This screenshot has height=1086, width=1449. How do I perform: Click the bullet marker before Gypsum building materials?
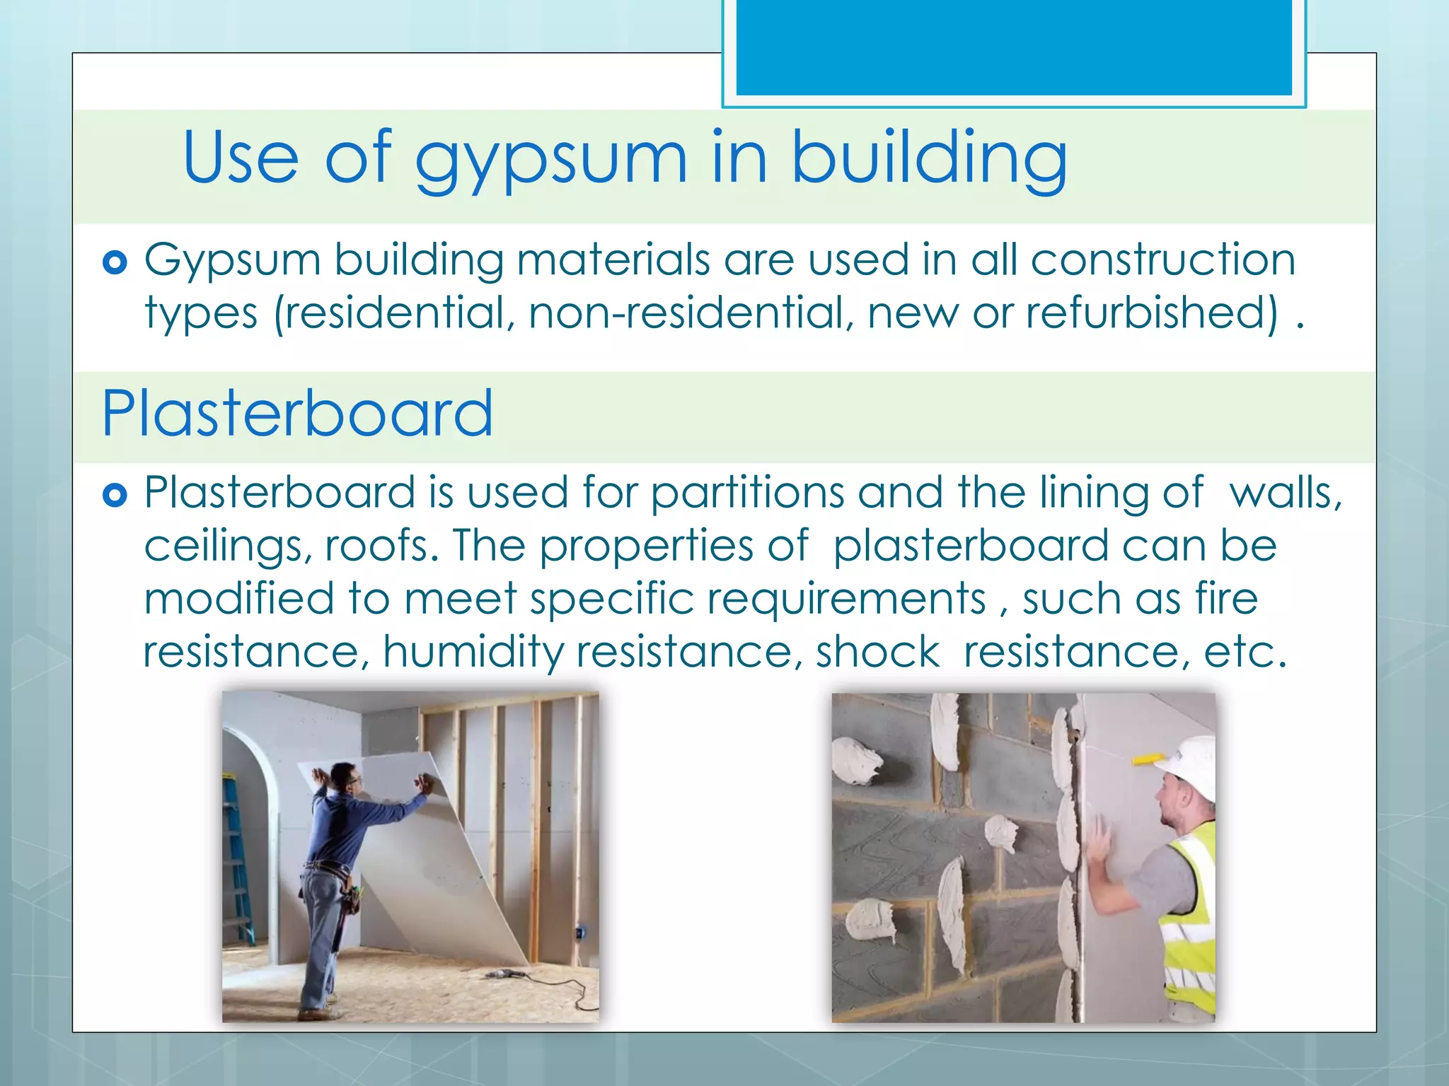(x=115, y=263)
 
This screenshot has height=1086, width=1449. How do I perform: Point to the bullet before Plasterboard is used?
(x=115, y=495)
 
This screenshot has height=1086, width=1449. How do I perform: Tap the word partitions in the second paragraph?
(x=747, y=493)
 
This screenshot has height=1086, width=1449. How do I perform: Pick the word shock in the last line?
(x=877, y=652)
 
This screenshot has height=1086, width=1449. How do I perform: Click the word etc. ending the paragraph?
(x=1245, y=652)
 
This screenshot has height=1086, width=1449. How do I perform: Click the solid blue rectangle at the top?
(x=1013, y=46)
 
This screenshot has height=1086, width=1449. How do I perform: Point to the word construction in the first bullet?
(x=1163, y=259)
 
